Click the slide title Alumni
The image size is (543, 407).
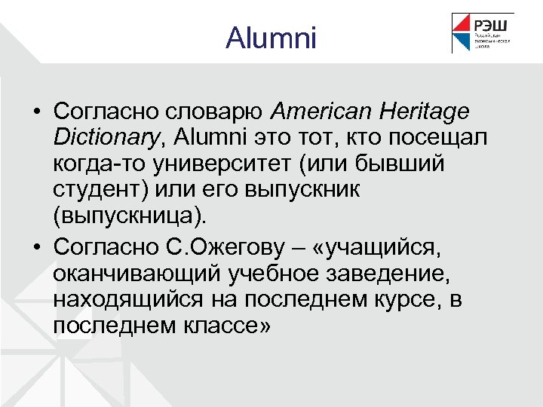click(271, 38)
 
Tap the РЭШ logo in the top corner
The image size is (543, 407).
click(483, 33)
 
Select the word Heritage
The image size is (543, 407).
click(426, 112)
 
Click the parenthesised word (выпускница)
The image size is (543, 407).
click(128, 216)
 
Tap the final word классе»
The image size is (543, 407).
click(225, 326)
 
